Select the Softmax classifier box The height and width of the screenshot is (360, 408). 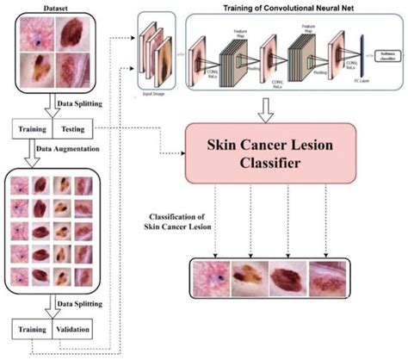click(386, 56)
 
